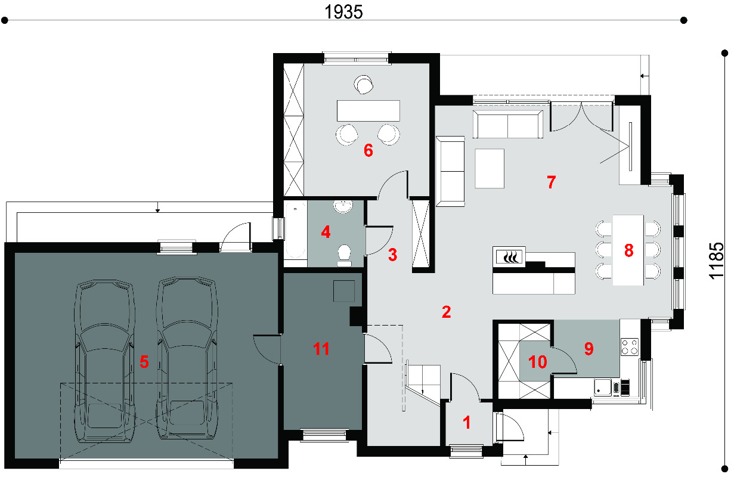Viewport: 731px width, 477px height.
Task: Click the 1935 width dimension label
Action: click(343, 12)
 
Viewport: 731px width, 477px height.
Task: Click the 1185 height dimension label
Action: click(717, 261)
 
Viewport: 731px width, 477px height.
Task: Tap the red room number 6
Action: click(368, 150)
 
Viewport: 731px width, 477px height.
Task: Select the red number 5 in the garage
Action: click(144, 361)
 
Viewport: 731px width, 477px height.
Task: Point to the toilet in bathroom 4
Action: click(344, 255)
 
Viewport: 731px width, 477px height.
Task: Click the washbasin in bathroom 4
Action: click(343, 206)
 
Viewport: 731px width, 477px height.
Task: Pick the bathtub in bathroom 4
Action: click(295, 230)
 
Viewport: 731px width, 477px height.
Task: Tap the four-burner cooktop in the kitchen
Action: click(630, 347)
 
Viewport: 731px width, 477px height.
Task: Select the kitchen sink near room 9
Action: click(602, 388)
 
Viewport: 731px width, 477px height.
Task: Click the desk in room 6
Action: click(368, 111)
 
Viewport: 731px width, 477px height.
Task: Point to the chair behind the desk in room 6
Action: click(363, 85)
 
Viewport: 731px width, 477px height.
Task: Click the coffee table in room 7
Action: click(490, 168)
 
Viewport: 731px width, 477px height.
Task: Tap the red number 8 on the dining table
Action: click(628, 250)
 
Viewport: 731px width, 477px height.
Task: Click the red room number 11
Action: click(321, 349)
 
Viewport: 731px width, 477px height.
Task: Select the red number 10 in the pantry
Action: click(537, 362)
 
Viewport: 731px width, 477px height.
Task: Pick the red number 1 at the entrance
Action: click(467, 423)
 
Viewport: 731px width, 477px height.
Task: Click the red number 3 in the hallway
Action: click(392, 255)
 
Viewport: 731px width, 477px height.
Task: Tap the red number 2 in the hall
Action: click(446, 312)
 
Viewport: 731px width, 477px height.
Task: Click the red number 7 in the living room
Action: click(551, 182)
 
